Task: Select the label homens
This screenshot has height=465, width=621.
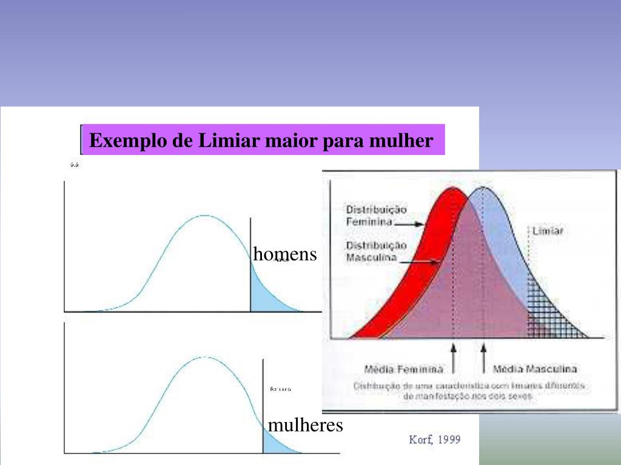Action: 285,254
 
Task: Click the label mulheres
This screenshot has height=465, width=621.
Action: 306,425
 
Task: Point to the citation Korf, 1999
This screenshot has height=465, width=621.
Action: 435,439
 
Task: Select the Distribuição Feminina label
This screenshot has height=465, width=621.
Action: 376,215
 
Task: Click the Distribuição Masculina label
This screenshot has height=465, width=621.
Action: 376,251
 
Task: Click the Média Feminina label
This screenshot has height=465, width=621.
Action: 403,369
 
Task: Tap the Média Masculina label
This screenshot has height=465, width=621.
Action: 535,369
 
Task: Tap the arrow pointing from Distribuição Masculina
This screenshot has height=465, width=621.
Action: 418,262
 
